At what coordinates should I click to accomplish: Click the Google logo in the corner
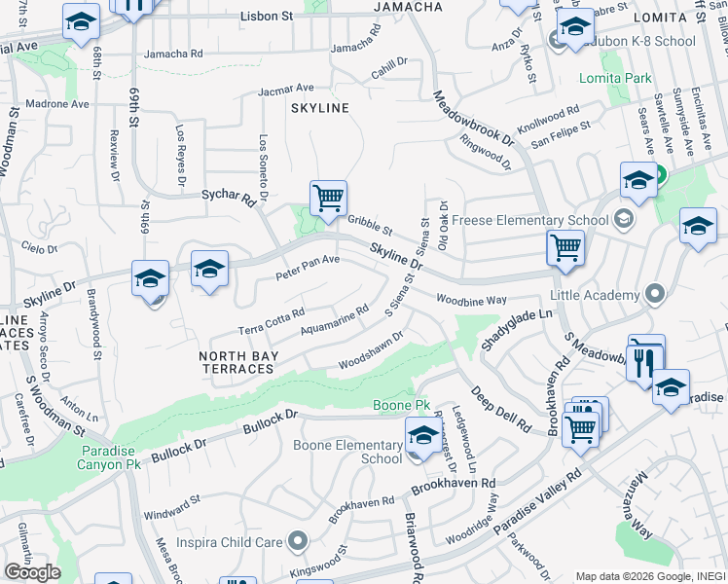pyautogui.click(x=32, y=572)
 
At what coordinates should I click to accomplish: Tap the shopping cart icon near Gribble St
pyautogui.click(x=329, y=199)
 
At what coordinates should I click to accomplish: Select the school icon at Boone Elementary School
pyautogui.click(x=422, y=434)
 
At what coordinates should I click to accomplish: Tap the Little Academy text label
pyautogui.click(x=597, y=293)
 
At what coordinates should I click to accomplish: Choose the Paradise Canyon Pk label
pyautogui.click(x=116, y=456)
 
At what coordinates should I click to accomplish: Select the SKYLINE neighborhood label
pyautogui.click(x=319, y=108)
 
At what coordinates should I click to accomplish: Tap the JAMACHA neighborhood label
pyautogui.click(x=409, y=7)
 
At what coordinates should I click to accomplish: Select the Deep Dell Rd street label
pyautogui.click(x=500, y=410)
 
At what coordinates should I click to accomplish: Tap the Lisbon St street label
pyautogui.click(x=266, y=17)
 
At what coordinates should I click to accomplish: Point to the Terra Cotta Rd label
pyautogui.click(x=272, y=320)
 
